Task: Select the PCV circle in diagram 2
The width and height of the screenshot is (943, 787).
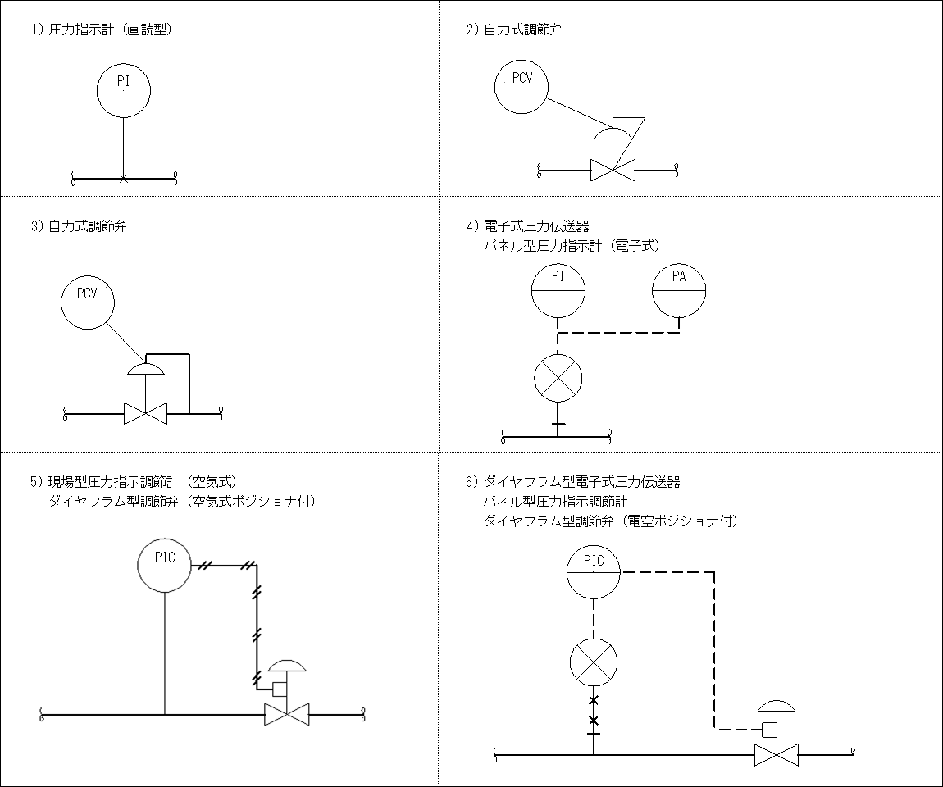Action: click(x=522, y=87)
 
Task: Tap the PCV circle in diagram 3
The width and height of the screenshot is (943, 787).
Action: click(x=87, y=302)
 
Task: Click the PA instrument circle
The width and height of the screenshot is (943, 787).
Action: click(x=679, y=290)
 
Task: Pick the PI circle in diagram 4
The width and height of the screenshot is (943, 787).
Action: click(x=558, y=290)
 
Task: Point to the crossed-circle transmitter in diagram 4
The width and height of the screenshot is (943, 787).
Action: click(x=558, y=378)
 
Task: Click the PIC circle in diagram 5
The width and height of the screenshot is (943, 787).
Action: click(x=165, y=566)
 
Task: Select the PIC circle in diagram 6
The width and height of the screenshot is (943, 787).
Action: click(x=593, y=572)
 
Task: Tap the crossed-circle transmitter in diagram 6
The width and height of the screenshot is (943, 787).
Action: click(x=593, y=662)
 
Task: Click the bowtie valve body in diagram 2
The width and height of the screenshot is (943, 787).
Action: click(x=613, y=171)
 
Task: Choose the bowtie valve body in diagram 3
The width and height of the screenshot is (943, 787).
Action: click(x=145, y=413)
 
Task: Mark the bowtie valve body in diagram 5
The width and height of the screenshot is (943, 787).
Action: click(x=285, y=715)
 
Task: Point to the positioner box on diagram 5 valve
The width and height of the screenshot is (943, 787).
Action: click(x=279, y=689)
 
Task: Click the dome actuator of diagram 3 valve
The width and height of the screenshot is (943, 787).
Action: click(x=145, y=369)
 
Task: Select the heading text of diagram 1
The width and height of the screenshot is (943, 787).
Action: click(x=102, y=30)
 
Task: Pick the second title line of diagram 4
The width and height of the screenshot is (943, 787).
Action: click(x=572, y=245)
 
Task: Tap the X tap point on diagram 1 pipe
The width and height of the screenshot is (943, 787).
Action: click(x=123, y=178)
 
